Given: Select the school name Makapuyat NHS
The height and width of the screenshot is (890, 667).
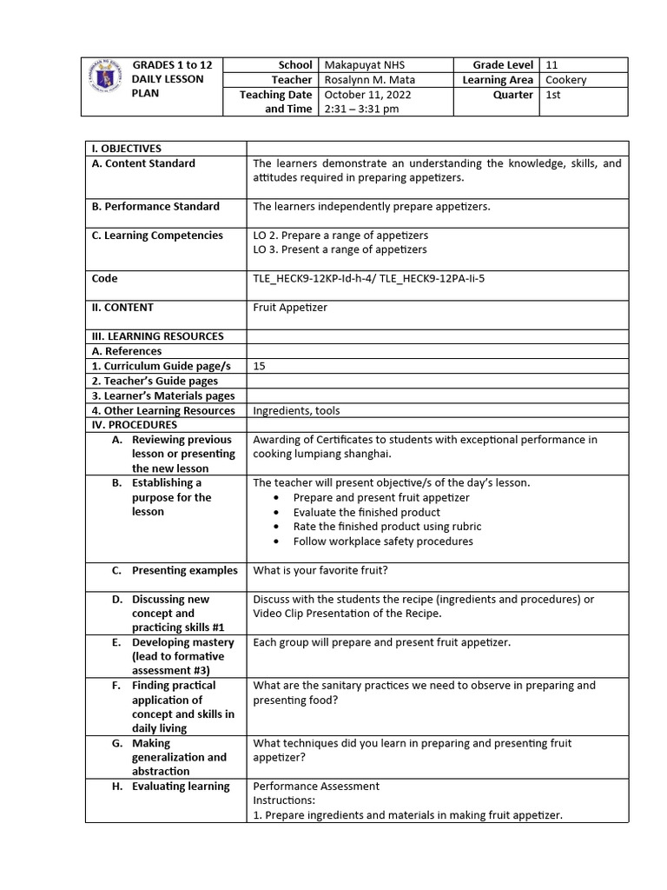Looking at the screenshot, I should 364,65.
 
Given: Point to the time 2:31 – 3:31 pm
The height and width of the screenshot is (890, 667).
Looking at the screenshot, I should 361,110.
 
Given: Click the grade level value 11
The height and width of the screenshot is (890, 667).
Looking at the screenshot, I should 552,65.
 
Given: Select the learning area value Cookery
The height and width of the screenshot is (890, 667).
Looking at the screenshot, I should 566,80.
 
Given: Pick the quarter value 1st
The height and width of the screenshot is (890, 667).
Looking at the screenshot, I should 553,95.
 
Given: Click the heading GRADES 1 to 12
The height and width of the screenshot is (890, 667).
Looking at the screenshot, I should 172,65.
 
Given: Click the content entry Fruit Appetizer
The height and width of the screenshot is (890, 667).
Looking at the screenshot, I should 290,308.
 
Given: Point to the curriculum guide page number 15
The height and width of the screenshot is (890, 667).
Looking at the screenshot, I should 259,366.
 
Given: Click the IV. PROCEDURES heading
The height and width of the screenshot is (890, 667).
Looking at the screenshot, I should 134,425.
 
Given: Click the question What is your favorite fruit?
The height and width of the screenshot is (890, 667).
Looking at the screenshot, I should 319,570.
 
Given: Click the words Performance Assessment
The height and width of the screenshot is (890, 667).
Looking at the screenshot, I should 316,787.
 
